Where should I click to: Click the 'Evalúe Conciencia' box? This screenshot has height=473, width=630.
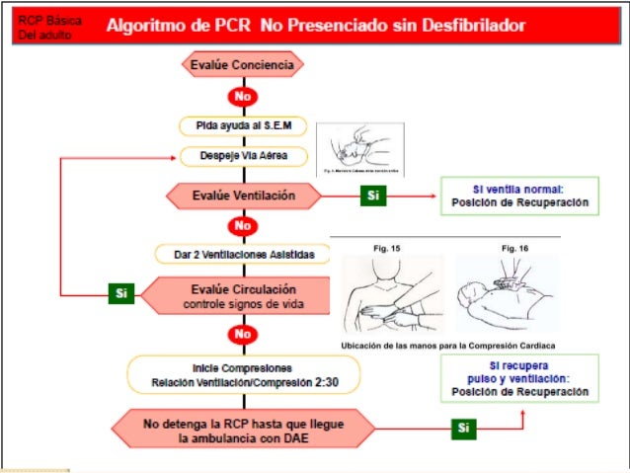pyautogui.click(x=242, y=65)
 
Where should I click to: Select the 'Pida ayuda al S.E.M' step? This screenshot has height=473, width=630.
pyautogui.click(x=242, y=126)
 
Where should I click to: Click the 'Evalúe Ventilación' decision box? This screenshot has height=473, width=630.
pyautogui.click(x=242, y=196)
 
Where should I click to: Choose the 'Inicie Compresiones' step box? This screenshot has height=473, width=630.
pyautogui.click(x=242, y=374)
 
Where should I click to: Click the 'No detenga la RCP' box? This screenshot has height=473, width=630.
pyautogui.click(x=240, y=429)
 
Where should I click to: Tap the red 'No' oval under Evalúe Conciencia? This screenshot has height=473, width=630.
pyautogui.click(x=242, y=97)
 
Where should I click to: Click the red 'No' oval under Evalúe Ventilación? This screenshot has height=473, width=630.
pyautogui.click(x=242, y=225)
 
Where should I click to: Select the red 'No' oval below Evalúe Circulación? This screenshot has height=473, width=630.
pyautogui.click(x=242, y=335)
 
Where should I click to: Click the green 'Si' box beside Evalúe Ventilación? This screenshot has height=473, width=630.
pyautogui.click(x=372, y=196)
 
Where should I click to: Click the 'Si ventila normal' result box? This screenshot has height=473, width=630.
pyautogui.click(x=519, y=196)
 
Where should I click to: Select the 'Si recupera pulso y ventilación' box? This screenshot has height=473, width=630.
pyautogui.click(x=519, y=378)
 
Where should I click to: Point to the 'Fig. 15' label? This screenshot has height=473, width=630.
pyautogui.click(x=386, y=248)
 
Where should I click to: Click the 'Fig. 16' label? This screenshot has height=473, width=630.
pyautogui.click(x=515, y=248)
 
